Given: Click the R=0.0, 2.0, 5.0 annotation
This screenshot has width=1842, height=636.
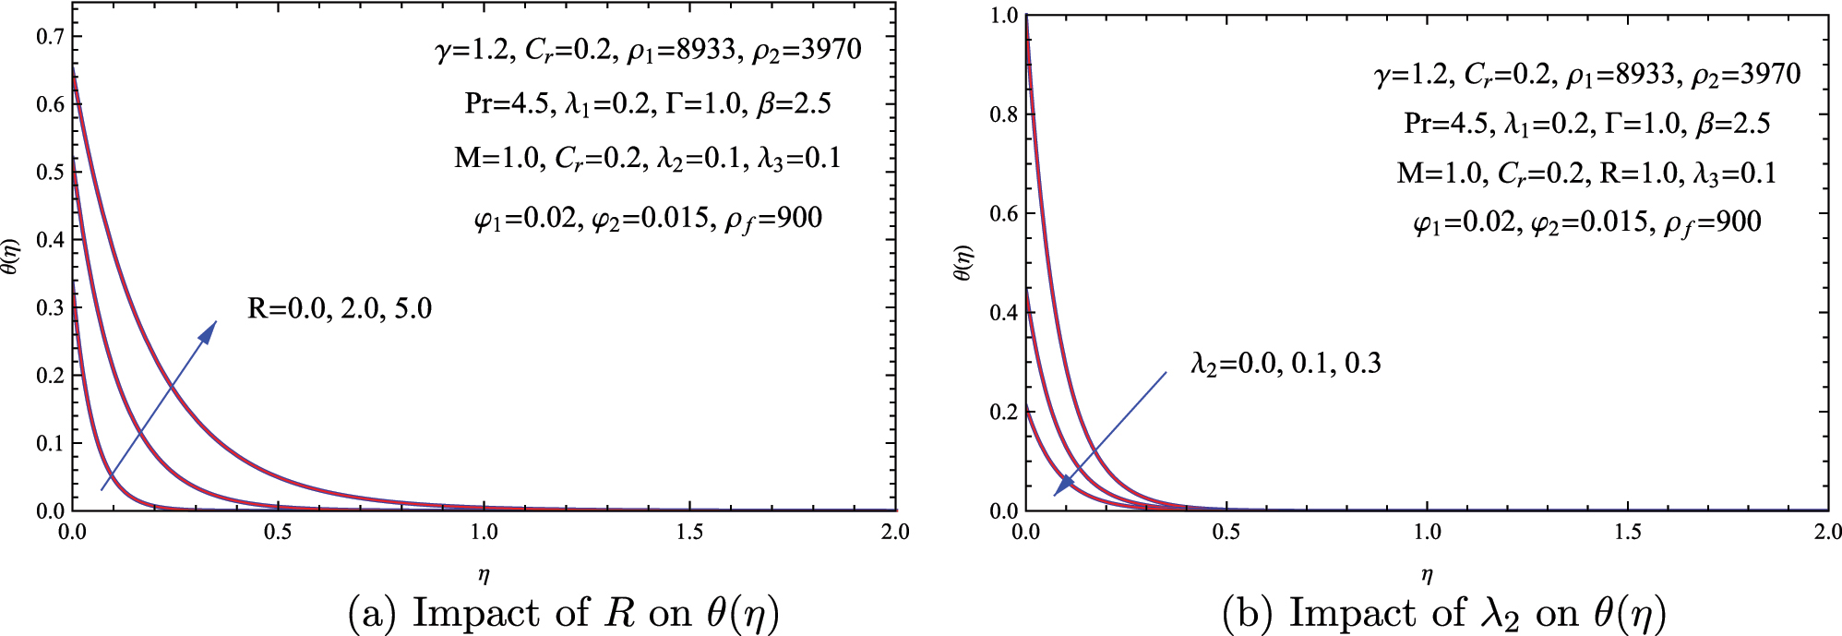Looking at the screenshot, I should coord(340,308).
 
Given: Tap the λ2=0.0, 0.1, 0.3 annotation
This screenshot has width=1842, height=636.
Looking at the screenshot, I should coord(1286,364).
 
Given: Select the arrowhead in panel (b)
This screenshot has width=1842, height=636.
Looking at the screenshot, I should coord(1064,486).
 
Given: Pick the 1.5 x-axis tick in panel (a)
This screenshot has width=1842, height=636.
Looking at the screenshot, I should coord(689,532).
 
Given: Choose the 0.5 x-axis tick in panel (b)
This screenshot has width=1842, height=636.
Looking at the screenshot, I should coord(1226,532).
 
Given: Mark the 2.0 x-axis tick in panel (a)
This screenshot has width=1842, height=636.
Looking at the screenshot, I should coord(895,532).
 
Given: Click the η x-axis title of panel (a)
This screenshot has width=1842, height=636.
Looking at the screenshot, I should coord(484,575).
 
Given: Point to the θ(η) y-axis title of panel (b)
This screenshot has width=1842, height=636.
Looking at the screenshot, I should coord(963,263).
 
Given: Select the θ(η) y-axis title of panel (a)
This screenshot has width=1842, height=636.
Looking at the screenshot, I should coord(10,256).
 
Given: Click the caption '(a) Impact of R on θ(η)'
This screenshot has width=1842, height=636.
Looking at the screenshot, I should coord(563,613).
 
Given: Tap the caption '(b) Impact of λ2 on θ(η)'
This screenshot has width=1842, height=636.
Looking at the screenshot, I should coord(1443,613).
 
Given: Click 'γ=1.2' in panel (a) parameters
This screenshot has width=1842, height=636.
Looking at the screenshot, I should coord(471,49).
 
